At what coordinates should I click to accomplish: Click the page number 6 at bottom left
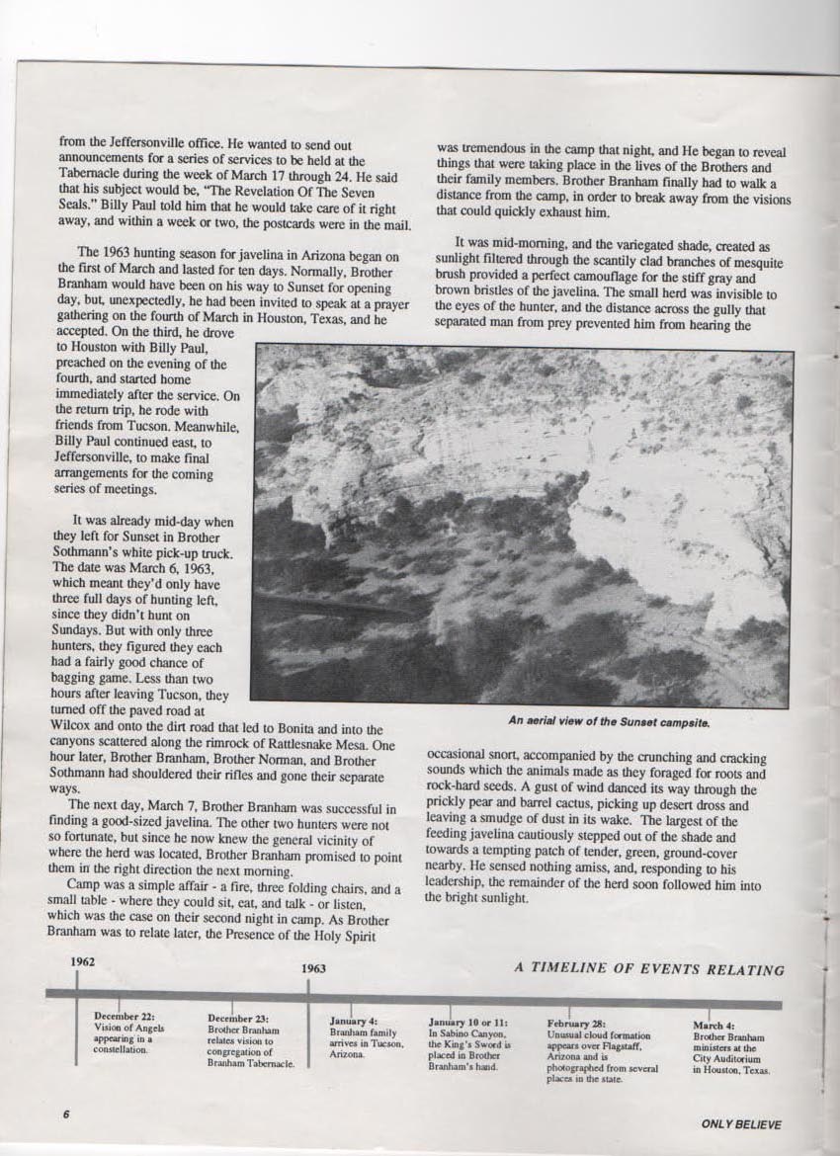click(x=66, y=1114)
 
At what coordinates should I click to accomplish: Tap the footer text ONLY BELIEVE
click(x=740, y=1123)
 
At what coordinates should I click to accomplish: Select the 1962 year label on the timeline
click(x=83, y=961)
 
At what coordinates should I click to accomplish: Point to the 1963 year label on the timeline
click(x=314, y=969)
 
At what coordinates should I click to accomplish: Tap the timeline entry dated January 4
click(x=366, y=1036)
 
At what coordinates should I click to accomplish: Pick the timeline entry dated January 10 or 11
click(x=470, y=1042)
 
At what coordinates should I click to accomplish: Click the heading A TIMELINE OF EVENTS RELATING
click(x=649, y=969)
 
